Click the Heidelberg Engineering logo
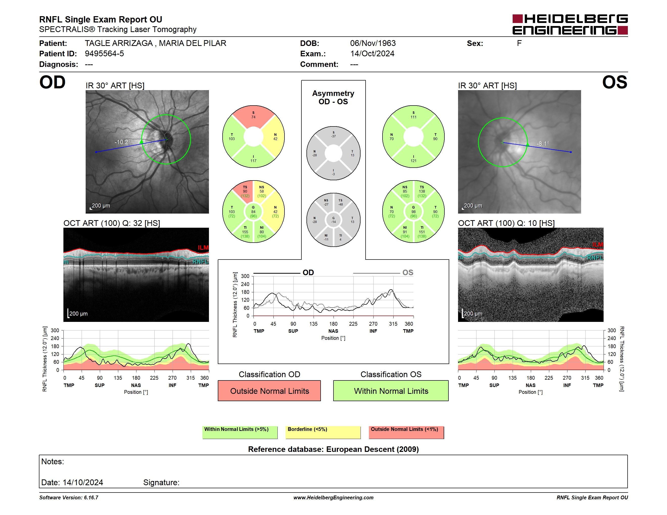(x=570, y=24)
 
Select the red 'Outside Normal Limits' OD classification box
(x=269, y=391)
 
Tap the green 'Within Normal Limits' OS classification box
(x=391, y=391)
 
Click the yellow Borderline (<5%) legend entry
(x=323, y=432)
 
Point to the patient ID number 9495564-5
(x=104, y=54)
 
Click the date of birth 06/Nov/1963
(x=373, y=43)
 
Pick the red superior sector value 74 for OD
(x=253, y=117)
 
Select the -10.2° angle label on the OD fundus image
(x=123, y=142)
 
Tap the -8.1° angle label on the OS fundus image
(x=543, y=143)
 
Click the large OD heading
(x=53, y=82)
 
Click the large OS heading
(x=614, y=82)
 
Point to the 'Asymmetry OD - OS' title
(x=333, y=97)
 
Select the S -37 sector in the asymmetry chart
(x=333, y=135)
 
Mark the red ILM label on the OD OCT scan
(x=203, y=247)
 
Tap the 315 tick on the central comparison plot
(x=393, y=324)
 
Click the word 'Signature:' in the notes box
(x=161, y=482)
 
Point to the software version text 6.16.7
(x=91, y=498)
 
